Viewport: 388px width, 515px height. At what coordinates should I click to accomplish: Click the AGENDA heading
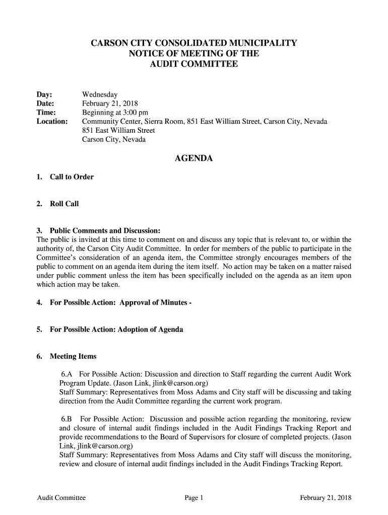pos(193,159)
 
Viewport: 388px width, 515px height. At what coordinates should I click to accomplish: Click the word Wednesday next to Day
pos(100,95)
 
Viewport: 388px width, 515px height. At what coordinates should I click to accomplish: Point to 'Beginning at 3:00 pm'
pos(115,113)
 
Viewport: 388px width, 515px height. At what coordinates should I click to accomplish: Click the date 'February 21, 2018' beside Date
pos(106,104)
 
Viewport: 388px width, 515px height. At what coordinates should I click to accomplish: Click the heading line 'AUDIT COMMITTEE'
pos(194,64)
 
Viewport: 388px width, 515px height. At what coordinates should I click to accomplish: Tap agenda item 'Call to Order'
pos(72,177)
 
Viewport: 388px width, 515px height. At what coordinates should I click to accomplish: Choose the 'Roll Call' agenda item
pos(64,204)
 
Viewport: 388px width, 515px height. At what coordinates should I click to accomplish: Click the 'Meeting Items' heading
pos(73,357)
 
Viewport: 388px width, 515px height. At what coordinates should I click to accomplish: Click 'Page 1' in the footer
pos(193,498)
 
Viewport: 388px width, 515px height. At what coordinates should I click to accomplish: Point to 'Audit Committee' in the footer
pos(61,498)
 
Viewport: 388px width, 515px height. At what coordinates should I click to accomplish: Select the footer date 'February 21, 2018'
pos(326,498)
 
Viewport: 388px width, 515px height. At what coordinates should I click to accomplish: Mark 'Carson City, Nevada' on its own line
pos(114,140)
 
